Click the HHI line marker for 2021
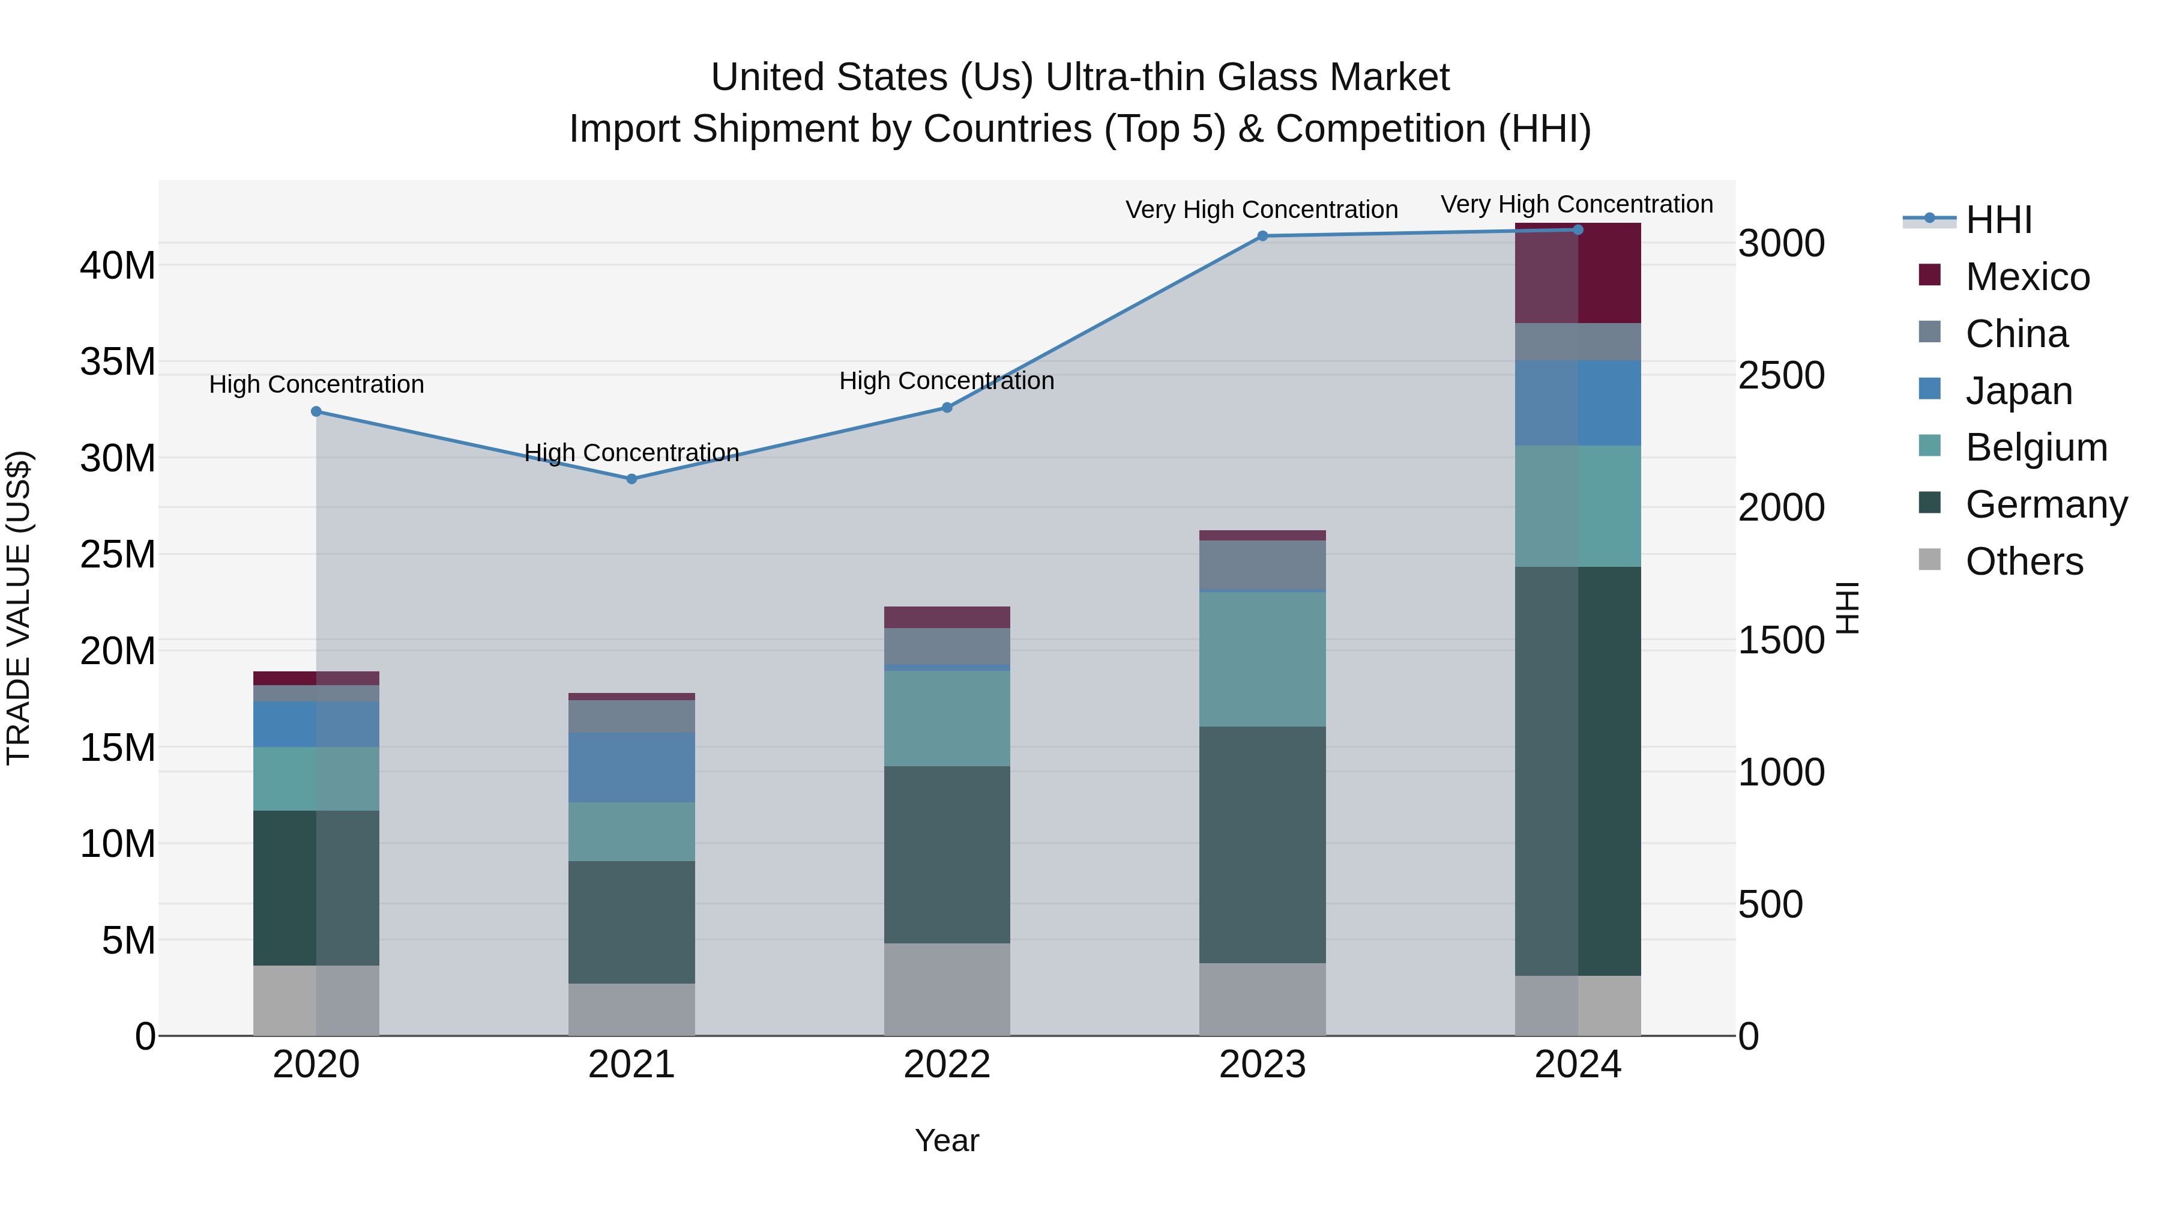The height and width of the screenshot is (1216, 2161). [631, 479]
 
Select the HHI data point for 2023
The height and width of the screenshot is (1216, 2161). [1262, 237]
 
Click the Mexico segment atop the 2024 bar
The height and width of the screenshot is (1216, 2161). [1577, 274]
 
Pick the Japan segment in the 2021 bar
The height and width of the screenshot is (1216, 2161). [631, 767]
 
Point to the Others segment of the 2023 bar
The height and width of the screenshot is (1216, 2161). [1262, 999]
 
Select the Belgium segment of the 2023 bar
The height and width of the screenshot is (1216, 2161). [1262, 659]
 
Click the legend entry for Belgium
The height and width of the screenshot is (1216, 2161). [2036, 447]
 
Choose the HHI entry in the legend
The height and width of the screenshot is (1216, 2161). [1998, 220]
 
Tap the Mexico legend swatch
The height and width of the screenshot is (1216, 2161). [1929, 275]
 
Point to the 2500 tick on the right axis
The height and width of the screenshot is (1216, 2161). [1781, 375]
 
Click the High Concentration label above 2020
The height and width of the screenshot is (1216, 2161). [316, 384]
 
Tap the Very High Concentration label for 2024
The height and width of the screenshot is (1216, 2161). [1576, 205]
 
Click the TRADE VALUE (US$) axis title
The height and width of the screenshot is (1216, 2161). [19, 608]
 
